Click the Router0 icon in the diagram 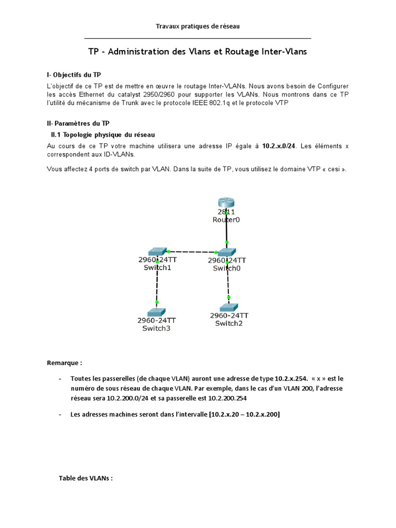pos(226,203)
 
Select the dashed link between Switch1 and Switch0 pos(191,252)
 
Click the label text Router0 pos(226,220)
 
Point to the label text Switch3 pos(156,328)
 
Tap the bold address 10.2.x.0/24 pos(278,146)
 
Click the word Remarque pos(64,363)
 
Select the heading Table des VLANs pos(85,478)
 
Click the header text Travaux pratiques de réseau pos(198,26)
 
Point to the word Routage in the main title pos(244,52)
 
